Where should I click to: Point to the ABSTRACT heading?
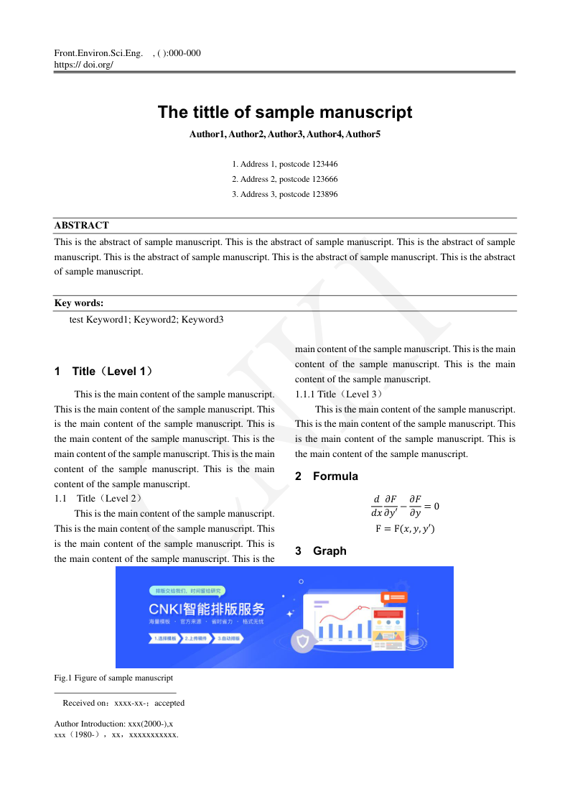(x=82, y=225)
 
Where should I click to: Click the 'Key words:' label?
(x=79, y=303)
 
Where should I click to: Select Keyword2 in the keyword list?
(x=154, y=319)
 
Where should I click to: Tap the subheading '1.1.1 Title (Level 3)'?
(x=340, y=394)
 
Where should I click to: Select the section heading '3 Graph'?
(x=321, y=551)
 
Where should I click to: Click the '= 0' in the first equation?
(x=431, y=506)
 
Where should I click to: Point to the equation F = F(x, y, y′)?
(x=405, y=529)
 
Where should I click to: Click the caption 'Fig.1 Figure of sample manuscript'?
(x=113, y=678)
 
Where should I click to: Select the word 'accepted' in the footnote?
(x=169, y=703)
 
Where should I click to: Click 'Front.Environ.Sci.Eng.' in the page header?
(x=98, y=53)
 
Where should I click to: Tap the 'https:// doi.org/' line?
(x=83, y=64)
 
